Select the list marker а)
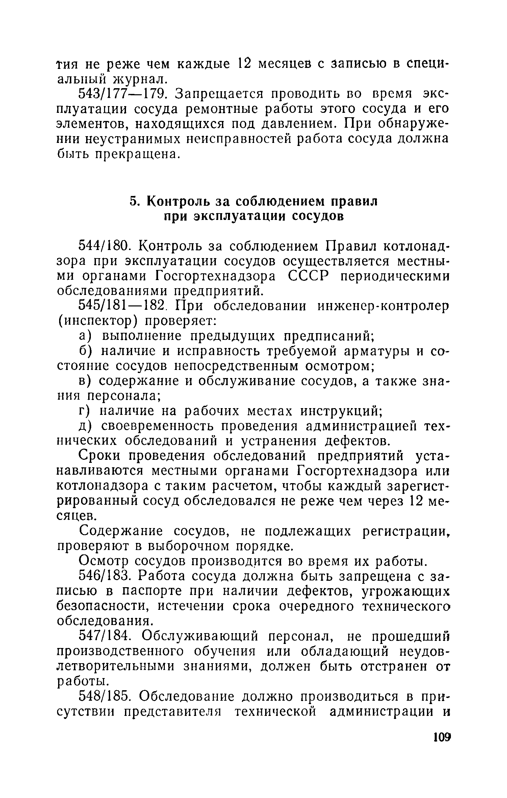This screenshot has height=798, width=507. [x=85, y=336]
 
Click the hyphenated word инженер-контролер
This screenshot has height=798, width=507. [x=383, y=306]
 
